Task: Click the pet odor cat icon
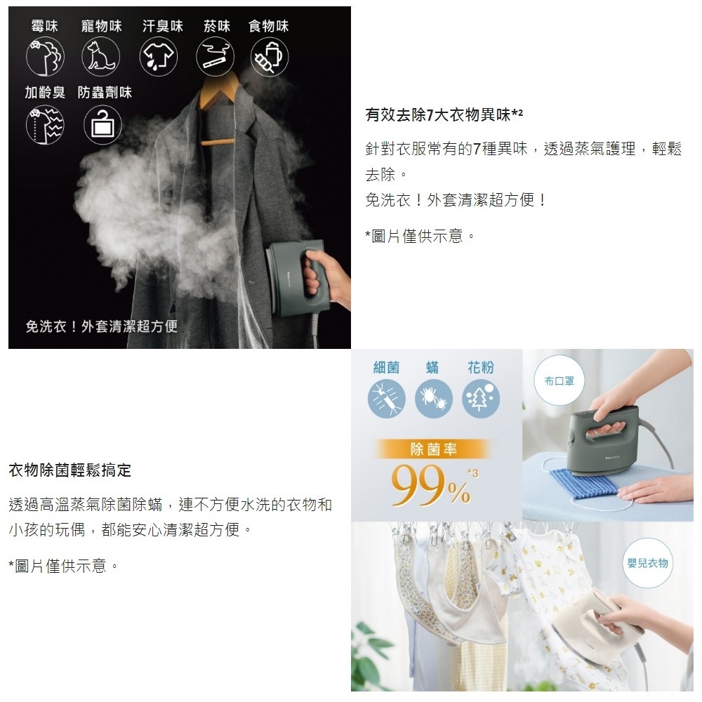100,57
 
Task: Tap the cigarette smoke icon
215,57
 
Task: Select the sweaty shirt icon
159,57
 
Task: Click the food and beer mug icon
270,57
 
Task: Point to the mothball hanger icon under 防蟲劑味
102,125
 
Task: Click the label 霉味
44,26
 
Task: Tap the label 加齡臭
45,92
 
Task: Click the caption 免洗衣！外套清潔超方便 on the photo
102,326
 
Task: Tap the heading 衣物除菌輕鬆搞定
69,470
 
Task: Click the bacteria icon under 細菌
386,399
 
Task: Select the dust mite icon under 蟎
433,399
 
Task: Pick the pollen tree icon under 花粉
480,399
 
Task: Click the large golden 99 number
419,485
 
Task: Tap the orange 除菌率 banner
433,449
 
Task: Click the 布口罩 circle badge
559,381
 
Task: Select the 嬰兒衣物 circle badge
647,563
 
